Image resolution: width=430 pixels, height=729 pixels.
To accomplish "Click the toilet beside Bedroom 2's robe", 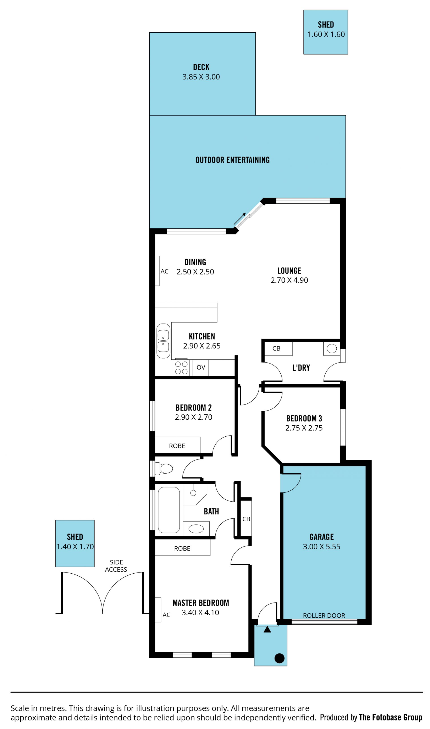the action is [x=164, y=468].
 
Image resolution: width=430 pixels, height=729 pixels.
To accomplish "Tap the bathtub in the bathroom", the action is [x=169, y=510].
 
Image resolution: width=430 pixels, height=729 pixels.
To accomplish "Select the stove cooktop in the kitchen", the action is [x=181, y=368].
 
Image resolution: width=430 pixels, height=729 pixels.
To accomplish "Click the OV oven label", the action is [x=201, y=367].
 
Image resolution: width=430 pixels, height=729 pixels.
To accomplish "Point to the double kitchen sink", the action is [x=163, y=341].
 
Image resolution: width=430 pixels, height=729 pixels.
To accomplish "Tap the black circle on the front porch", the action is [x=279, y=658].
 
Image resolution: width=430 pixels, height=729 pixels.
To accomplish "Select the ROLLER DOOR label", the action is [x=324, y=616].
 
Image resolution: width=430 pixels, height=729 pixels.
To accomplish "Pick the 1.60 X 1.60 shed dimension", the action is [x=326, y=34].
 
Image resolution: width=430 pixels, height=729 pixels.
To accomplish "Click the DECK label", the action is [x=201, y=67].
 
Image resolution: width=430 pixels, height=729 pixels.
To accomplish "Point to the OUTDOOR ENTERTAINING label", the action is [x=232, y=160].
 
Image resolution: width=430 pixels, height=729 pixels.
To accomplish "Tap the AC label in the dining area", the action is [x=165, y=271].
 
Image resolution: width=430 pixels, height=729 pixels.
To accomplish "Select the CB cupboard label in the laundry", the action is [x=276, y=348].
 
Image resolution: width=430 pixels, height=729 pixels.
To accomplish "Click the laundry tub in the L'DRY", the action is [x=332, y=348].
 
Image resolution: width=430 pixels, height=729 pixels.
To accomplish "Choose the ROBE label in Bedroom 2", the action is [x=177, y=446].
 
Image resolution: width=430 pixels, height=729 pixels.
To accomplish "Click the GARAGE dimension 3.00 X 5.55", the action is [x=322, y=546].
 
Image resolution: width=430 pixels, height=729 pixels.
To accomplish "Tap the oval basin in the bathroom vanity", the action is [x=196, y=529].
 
